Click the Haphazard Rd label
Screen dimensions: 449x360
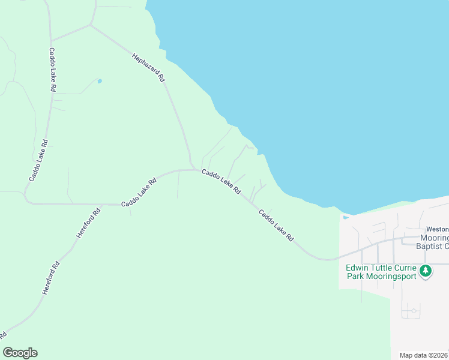click(x=148, y=66)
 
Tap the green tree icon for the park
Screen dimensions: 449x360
click(x=426, y=271)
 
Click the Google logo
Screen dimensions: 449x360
click(x=20, y=353)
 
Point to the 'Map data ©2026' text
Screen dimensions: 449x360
click(x=424, y=355)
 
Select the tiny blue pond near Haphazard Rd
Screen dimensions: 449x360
click(x=100, y=81)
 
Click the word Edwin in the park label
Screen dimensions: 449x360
click(x=358, y=268)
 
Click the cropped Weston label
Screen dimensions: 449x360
click(x=437, y=229)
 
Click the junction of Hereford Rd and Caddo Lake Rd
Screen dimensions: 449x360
click(x=101, y=205)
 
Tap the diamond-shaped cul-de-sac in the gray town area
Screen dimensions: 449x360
click(x=412, y=311)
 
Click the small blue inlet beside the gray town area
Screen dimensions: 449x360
click(x=345, y=217)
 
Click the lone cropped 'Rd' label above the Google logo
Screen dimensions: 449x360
click(x=3, y=334)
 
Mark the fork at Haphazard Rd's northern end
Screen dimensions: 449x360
click(x=91, y=25)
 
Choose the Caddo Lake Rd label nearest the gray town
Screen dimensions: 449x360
click(x=276, y=225)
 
